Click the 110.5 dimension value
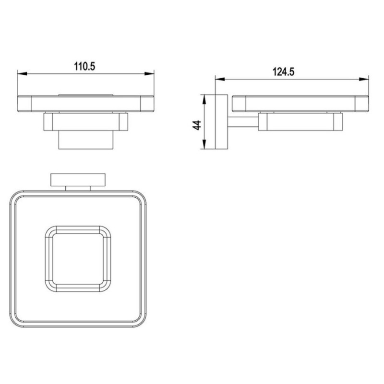point(84,66)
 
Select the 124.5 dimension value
point(283,72)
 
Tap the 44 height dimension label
point(197,125)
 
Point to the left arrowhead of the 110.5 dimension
point(22,73)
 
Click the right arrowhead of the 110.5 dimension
point(149,73)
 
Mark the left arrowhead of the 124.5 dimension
point(220,79)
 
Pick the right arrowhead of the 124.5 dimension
point(364,79)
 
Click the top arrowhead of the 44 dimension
point(204,99)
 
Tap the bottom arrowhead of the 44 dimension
point(204,144)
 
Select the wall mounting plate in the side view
point(221,122)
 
